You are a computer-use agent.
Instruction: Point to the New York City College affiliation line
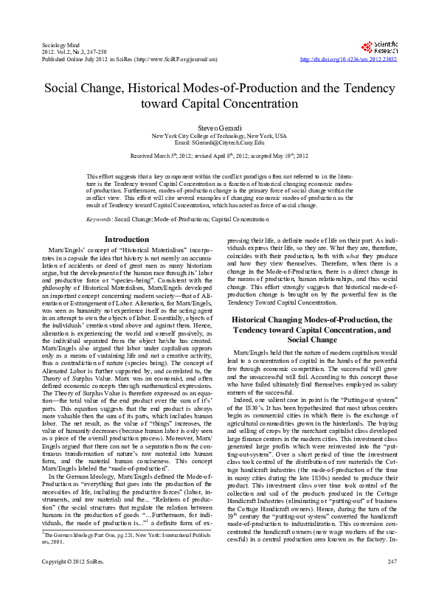(219, 136)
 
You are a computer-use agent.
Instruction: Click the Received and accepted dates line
(219, 157)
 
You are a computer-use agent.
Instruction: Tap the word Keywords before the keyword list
(100, 221)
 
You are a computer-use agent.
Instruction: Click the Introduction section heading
(127, 239)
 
